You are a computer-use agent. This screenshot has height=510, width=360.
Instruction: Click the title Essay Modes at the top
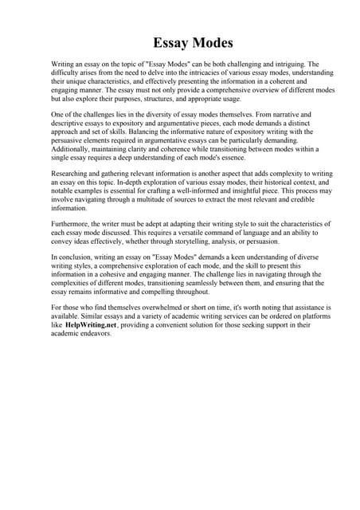tap(194, 42)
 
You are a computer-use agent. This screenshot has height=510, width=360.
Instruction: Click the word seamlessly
tap(201, 283)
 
